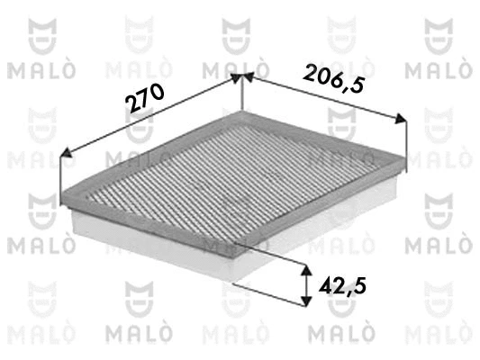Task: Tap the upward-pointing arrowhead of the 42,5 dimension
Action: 304,270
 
